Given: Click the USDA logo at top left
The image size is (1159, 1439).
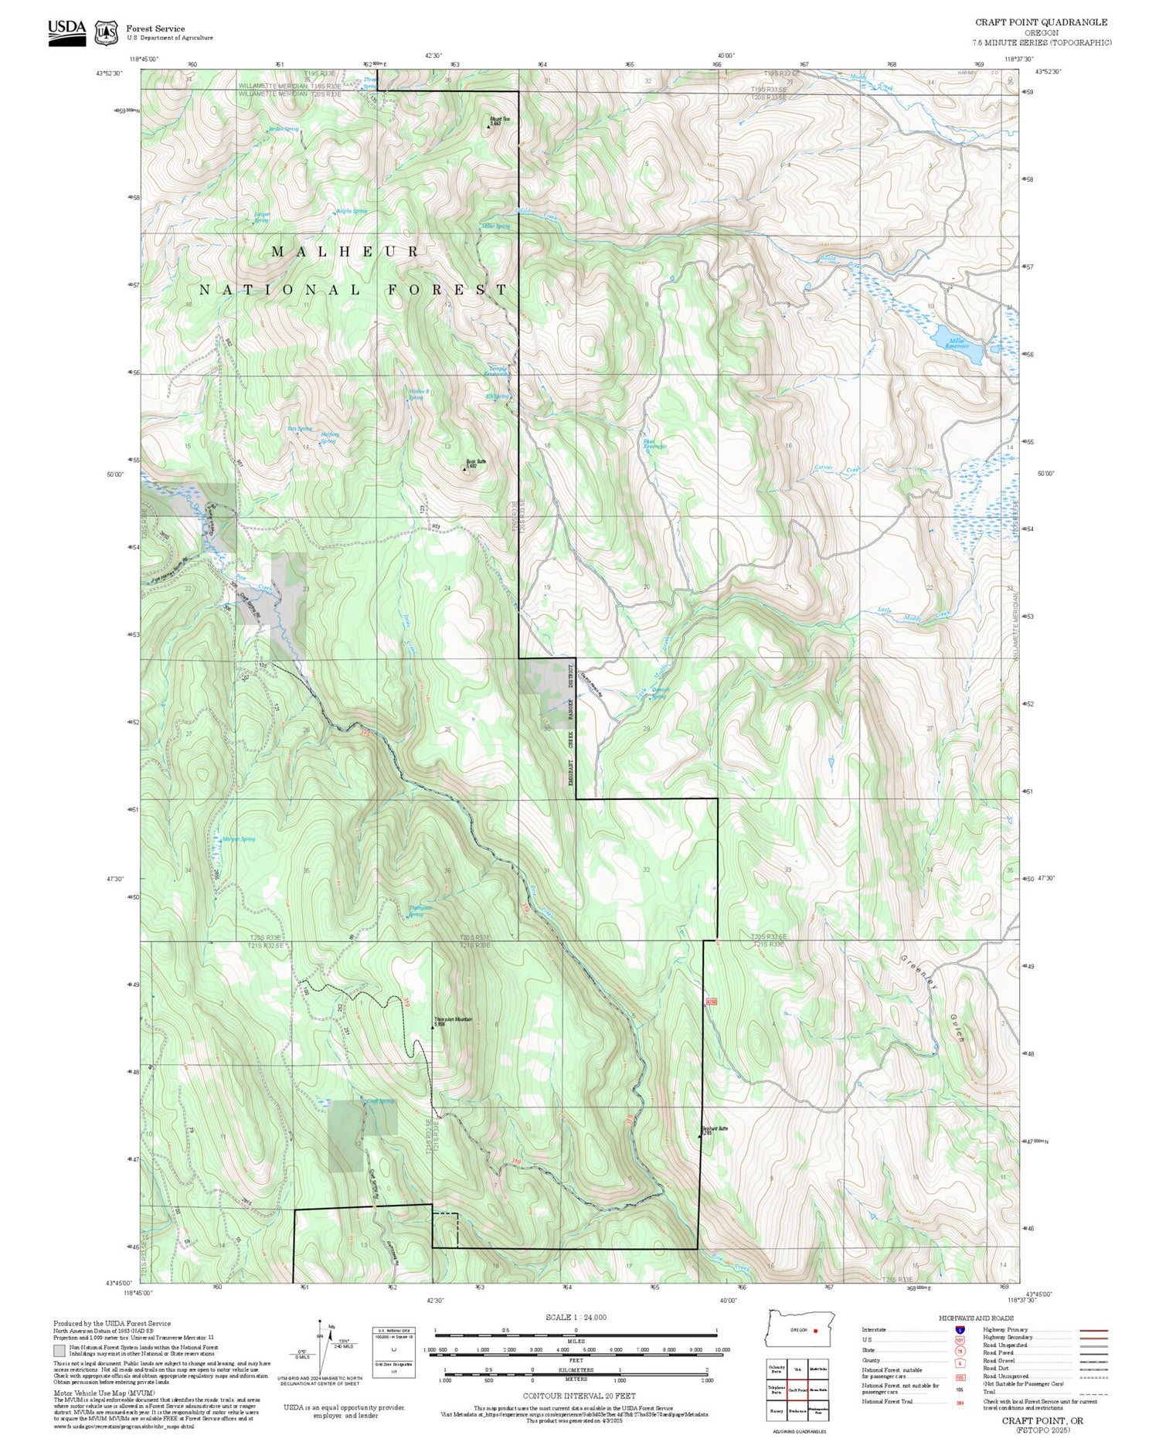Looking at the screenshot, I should tap(66, 32).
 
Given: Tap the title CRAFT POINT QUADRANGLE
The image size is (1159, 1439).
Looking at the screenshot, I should tap(1041, 22).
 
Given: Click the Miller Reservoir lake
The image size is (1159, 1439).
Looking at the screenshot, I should tap(955, 342).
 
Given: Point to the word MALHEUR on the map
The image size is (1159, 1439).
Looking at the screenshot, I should tap(345, 252).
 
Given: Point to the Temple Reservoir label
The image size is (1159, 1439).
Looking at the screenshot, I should tap(496, 371).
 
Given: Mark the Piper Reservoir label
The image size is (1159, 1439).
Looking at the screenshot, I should tap(654, 444).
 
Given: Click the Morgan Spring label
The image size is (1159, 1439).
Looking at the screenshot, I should tap(238, 839).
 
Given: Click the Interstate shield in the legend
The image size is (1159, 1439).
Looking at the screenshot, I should tap(960, 1330).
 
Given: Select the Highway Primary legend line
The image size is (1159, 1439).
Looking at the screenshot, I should tap(1091, 1331).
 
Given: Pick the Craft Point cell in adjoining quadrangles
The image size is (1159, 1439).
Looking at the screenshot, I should tap(797, 1390).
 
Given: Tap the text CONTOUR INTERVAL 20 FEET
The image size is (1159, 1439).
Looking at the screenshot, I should tap(579, 1396).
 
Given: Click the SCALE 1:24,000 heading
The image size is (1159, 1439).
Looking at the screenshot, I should tap(576, 1317).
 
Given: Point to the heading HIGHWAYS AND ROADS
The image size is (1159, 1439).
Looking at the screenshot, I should tap(976, 1318).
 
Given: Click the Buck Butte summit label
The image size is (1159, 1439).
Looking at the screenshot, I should tap(476, 464).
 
